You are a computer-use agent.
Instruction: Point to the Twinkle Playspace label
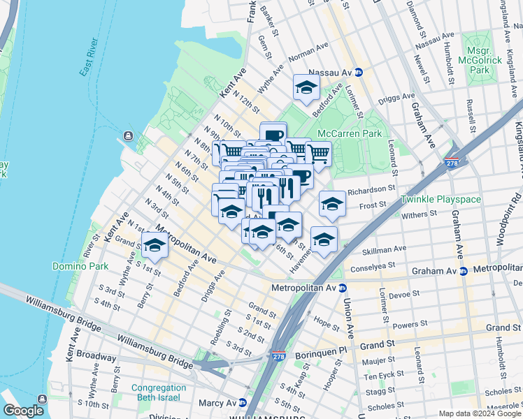(x=440, y=199)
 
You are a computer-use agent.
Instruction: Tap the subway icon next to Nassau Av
(x=359, y=72)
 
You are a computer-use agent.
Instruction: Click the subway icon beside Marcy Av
(x=242, y=403)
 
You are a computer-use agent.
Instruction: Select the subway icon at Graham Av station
(x=463, y=270)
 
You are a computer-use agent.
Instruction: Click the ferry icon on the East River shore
(x=128, y=135)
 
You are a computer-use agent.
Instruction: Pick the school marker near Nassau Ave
(x=306, y=88)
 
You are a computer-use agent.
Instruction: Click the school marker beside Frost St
(x=332, y=204)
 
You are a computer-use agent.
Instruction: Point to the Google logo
(x=23, y=410)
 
